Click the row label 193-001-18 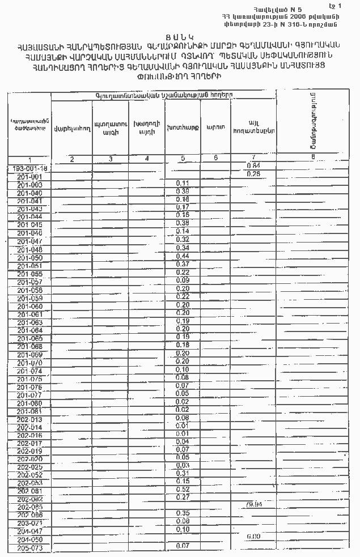(30, 168)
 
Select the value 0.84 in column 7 (253, 165)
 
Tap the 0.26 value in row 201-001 (253, 174)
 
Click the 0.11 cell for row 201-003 (183, 184)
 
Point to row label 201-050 (30, 258)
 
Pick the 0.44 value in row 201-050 (183, 256)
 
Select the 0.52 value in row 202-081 (183, 489)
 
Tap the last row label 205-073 (30, 549)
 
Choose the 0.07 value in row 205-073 (183, 546)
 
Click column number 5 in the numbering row (183, 158)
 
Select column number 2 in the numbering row (72, 159)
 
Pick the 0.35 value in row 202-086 (183, 513)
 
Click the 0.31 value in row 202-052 (183, 473)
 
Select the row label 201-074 (30, 371)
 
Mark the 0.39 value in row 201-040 (183, 192)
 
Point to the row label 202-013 (30, 419)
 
